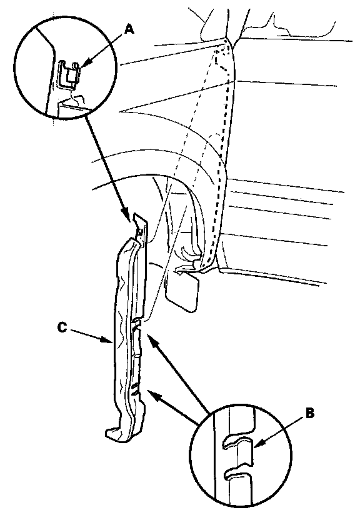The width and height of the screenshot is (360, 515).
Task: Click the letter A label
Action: [129, 29]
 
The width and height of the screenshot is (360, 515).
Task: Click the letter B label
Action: [309, 414]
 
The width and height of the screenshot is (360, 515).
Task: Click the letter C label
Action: [62, 327]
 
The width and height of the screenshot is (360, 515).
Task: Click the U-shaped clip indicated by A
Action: [68, 74]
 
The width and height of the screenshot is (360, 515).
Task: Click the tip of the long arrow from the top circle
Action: [127, 217]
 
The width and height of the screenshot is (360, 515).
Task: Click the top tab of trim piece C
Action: [141, 227]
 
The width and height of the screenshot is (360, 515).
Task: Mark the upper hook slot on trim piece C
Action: [137, 324]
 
